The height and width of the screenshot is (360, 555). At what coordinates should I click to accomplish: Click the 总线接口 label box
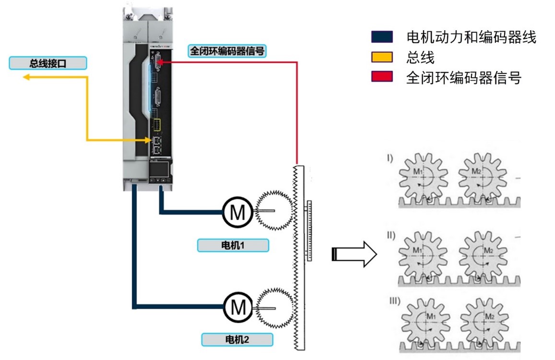coord(48,63)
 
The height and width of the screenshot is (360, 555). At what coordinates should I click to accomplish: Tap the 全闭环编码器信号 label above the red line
coord(227,51)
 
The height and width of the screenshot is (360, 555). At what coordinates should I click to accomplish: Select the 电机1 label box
coord(233,245)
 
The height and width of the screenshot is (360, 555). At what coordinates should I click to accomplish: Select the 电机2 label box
coord(237,340)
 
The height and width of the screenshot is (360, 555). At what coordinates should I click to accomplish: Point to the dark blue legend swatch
coord(382,37)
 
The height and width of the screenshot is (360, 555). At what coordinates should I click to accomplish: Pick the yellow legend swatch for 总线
coord(382,58)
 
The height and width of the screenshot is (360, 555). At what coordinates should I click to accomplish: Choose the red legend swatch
coord(382,77)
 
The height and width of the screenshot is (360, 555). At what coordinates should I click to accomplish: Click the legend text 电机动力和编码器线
coord(471,37)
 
